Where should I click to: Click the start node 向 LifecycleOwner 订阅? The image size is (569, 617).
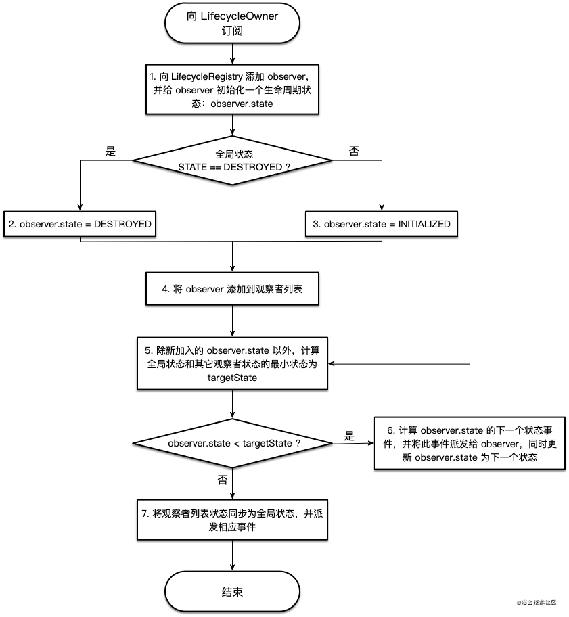pyautogui.click(x=232, y=23)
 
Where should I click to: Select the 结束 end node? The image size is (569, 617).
pyautogui.click(x=232, y=592)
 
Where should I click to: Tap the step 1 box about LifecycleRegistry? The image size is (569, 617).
pyautogui.click(x=232, y=90)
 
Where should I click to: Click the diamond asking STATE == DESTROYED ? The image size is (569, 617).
pyautogui.click(x=232, y=160)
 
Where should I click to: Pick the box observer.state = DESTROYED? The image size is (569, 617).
pyautogui.click(x=79, y=224)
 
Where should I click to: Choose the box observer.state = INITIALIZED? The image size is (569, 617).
pyautogui.click(x=382, y=224)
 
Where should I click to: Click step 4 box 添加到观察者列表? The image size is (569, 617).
pyautogui.click(x=232, y=289)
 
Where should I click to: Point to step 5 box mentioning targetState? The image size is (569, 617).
pyautogui.click(x=232, y=364)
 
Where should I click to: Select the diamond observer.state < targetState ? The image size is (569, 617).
pyautogui.click(x=232, y=443)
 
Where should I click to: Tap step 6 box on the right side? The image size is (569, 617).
pyautogui.click(x=470, y=443)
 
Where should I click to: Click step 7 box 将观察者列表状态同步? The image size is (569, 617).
pyautogui.click(x=232, y=520)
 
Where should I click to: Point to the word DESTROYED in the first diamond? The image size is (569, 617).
pyautogui.click(x=249, y=166)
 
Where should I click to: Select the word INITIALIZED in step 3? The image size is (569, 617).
pyautogui.click(x=424, y=224)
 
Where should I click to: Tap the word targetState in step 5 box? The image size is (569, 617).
pyautogui.click(x=232, y=378)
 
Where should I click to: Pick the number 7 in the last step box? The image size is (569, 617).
pyautogui.click(x=145, y=513)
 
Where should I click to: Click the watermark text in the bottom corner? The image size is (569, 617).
pyautogui.click(x=536, y=601)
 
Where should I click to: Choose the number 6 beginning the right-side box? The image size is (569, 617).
pyautogui.click(x=390, y=430)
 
